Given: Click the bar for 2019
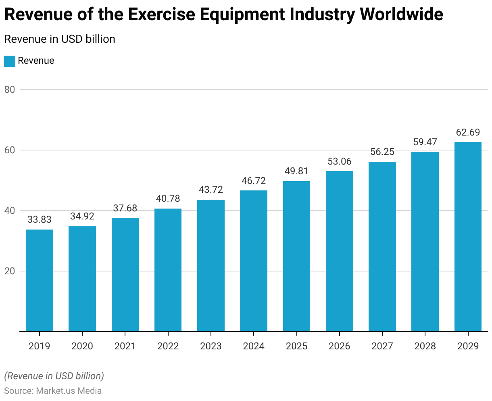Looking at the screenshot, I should coord(40,280).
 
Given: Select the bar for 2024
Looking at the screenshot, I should coord(254,261).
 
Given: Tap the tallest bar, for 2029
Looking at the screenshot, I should coord(468,237).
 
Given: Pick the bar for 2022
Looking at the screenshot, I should coord(168,270).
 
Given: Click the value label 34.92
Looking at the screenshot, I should coord(82,216).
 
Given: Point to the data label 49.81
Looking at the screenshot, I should coord(296,171).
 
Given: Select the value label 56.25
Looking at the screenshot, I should coord(382,152).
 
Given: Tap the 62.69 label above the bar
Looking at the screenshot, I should coord(468,132).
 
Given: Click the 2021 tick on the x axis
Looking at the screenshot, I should coord(125,346).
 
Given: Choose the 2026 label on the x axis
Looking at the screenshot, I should coord(340,346).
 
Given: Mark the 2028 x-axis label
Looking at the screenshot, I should coord(425,346).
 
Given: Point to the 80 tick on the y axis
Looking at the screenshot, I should coord(10,90).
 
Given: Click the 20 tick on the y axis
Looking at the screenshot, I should coord(10,271).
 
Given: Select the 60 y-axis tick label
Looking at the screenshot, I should coord(10,150).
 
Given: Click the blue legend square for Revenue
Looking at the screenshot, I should coord(10,61).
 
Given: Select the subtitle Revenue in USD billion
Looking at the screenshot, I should coord(60,39).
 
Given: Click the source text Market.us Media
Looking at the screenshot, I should coord(69,391).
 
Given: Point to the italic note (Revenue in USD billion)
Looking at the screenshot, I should coord(54,376).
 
